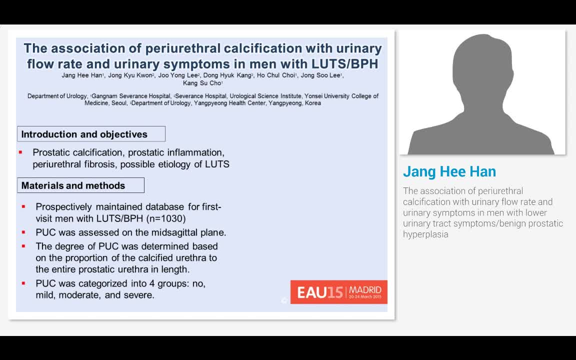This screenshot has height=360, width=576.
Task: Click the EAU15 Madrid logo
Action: tap(338, 291)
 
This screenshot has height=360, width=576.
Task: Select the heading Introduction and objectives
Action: tap(84, 134)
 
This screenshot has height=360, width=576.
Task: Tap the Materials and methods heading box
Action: tap(73, 185)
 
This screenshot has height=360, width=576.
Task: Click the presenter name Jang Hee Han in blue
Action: tap(449, 171)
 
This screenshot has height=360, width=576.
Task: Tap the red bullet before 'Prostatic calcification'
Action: tap(20, 152)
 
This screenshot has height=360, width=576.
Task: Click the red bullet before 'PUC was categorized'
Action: tap(23, 283)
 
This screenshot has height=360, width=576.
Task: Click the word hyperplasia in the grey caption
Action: tap(425, 234)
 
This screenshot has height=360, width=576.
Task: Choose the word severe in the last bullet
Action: tap(138, 295)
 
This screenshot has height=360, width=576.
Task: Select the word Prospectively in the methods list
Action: tap(63, 206)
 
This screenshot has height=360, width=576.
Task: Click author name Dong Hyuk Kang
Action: tap(227, 75)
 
